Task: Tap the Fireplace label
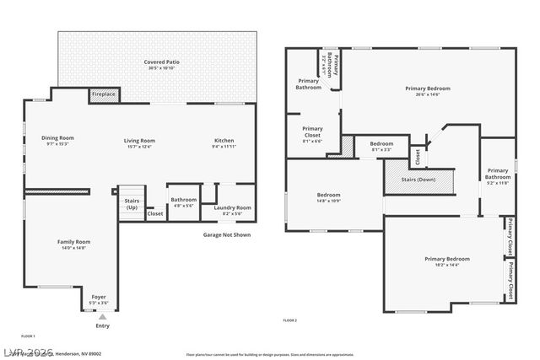(104, 94)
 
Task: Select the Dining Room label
(58, 138)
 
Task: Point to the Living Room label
(139, 141)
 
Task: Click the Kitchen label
(224, 141)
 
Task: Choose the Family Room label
(74, 242)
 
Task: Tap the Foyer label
(99, 298)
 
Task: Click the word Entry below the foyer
(102, 325)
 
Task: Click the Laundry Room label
(232, 207)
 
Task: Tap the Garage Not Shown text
(227, 235)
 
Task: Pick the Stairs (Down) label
(418, 180)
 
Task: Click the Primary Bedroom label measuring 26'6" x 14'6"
(427, 89)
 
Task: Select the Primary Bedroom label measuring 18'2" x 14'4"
(446, 259)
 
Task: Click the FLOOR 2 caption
(289, 320)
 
